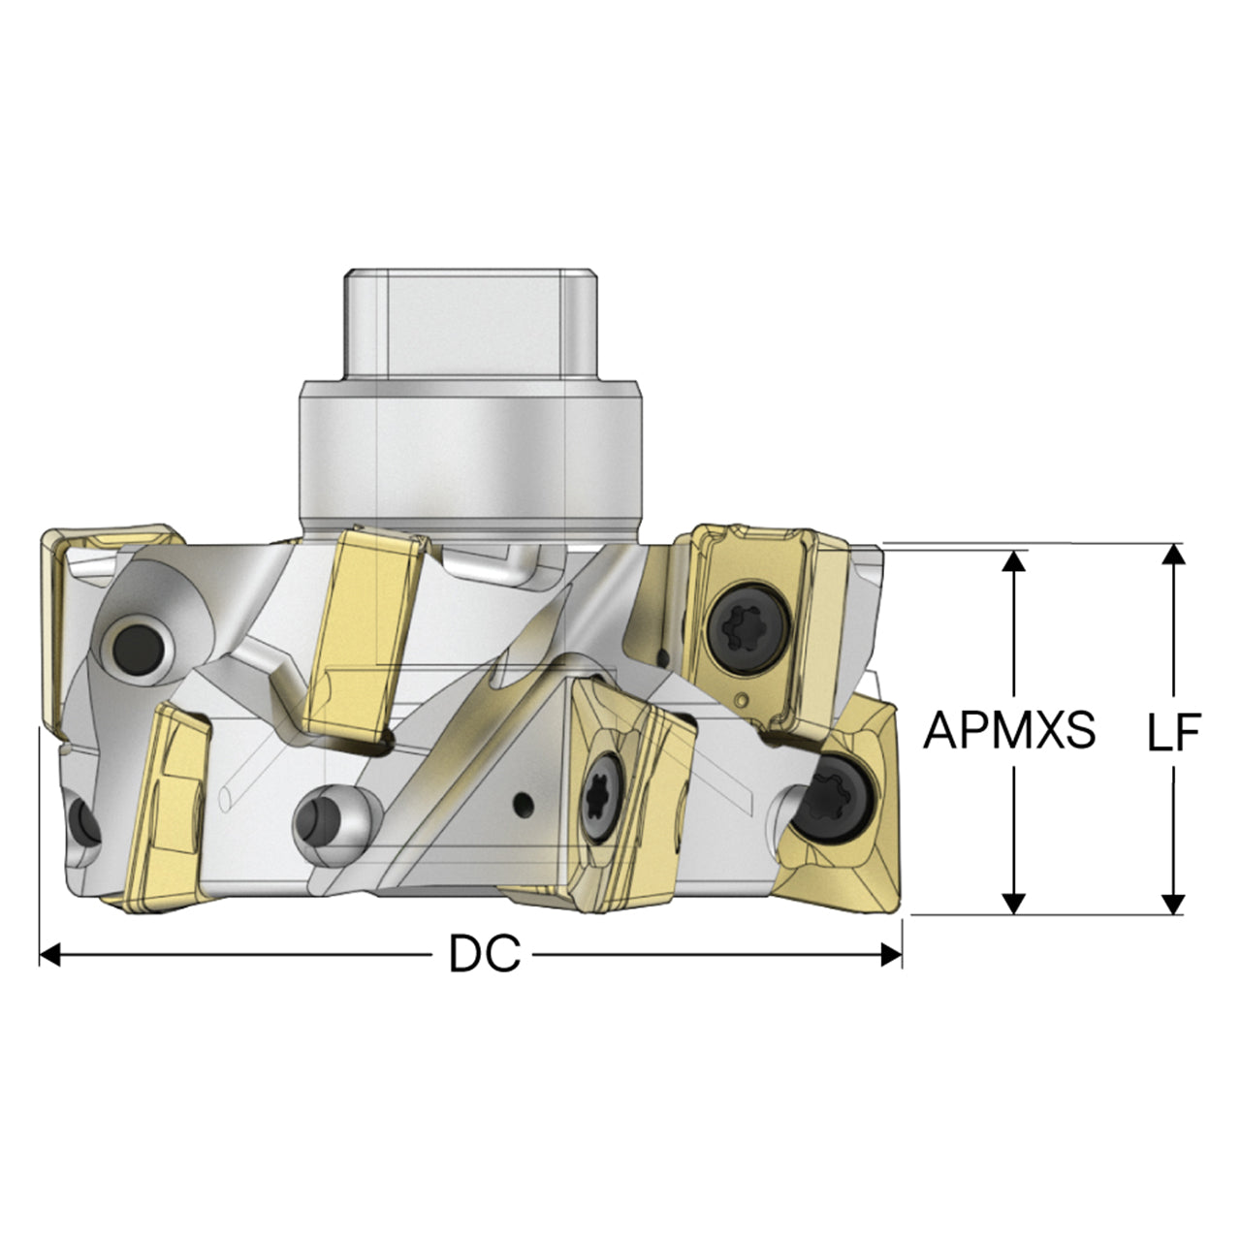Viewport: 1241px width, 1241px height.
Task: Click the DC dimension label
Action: tap(485, 954)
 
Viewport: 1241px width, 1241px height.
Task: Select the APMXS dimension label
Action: tap(1009, 730)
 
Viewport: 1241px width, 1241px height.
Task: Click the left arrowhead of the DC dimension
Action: tap(50, 954)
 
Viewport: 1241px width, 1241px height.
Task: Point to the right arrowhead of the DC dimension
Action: tap(891, 954)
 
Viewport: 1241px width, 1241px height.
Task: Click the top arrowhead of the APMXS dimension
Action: tap(1014, 561)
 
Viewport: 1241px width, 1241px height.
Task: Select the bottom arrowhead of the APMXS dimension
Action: tap(1014, 904)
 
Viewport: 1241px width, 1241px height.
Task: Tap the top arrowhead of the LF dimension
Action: tap(1175, 555)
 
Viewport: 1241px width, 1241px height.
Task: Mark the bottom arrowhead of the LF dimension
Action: tap(1175, 904)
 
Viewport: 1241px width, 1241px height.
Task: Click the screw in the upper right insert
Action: tap(749, 624)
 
